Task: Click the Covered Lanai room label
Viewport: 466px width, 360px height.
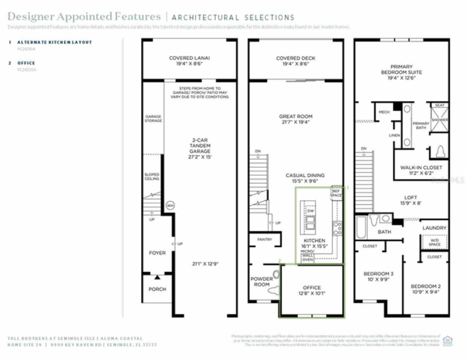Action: coord(189,58)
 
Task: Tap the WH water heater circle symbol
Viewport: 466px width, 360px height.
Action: coord(170,206)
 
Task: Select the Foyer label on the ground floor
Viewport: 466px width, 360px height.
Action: coord(157,253)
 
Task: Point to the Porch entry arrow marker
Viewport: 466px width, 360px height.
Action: coord(157,278)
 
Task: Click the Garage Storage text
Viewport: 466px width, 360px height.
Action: coord(153,118)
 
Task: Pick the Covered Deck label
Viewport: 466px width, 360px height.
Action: coord(296,58)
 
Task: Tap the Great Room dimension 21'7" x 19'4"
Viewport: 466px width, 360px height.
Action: coord(296,122)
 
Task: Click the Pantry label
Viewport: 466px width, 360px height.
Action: coord(264,239)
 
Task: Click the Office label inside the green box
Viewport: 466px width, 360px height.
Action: coord(312,287)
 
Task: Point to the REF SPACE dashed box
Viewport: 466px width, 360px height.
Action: coord(336,193)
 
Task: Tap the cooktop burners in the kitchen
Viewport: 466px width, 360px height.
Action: coord(337,228)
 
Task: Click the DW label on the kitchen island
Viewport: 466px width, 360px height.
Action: coord(310,211)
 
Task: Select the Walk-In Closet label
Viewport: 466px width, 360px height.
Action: coord(421,168)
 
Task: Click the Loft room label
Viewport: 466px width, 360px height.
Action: coord(410,197)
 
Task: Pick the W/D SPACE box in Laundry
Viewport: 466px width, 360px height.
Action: coord(434,242)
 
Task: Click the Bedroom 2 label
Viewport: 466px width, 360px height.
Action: coord(426,286)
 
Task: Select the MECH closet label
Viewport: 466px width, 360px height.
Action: coord(384,112)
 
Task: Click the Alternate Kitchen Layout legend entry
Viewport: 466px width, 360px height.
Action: coord(55,42)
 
